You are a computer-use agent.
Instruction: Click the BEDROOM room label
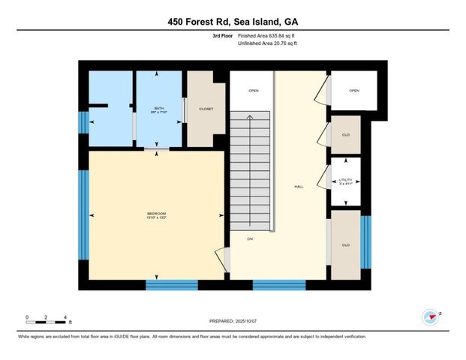(157, 215)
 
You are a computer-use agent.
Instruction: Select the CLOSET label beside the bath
(206, 109)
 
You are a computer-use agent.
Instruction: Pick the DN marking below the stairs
(250, 238)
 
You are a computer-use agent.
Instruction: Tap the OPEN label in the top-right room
(353, 91)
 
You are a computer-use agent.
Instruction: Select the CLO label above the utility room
(345, 135)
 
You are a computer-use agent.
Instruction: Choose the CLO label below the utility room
(345, 244)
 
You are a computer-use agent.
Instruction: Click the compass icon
(431, 316)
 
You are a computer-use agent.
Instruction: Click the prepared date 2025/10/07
(233, 321)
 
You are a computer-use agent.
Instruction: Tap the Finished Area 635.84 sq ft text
(267, 36)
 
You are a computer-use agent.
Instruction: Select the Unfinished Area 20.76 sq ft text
(267, 43)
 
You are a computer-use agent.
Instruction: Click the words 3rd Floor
(221, 36)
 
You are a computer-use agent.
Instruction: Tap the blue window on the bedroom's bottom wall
(172, 284)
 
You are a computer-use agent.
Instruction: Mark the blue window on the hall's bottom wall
(279, 284)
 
